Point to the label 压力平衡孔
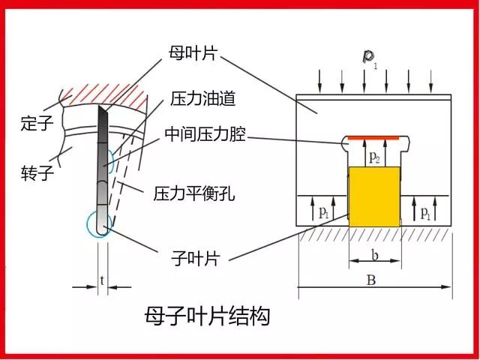tap(193, 193)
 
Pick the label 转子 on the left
tap(37, 174)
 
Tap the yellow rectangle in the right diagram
tap(375, 196)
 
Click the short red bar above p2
tap(375, 138)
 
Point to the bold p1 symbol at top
tap(369, 57)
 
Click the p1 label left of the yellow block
tap(324, 212)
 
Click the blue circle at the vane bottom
tap(99, 223)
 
